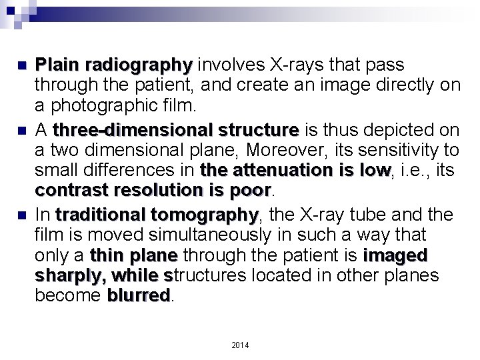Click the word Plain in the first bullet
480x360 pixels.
coord(57,65)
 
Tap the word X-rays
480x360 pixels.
coord(291,65)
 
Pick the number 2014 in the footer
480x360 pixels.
coord(239,344)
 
